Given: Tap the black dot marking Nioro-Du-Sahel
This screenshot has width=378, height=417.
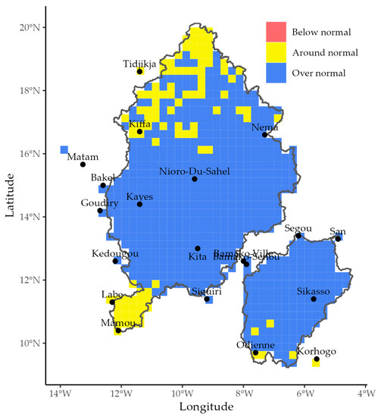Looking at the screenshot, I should [195, 179].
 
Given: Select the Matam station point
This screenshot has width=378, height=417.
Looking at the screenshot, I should [83, 165].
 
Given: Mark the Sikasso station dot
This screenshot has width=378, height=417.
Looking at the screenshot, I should [314, 299].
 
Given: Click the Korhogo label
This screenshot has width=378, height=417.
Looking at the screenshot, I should [317, 351].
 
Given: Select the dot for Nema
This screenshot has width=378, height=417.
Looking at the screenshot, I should [264, 135].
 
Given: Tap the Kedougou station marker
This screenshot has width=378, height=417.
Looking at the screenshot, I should [115, 261].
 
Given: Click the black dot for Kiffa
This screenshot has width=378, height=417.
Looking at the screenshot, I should [139, 132].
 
